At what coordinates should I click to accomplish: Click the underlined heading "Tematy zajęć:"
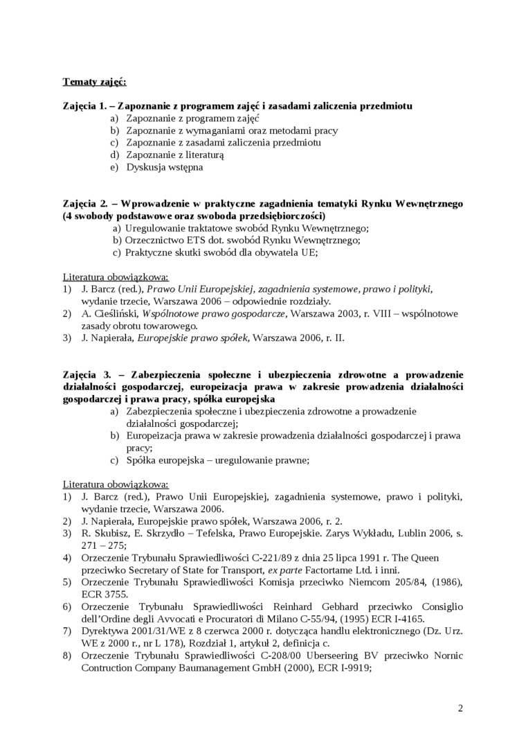(x=94, y=82)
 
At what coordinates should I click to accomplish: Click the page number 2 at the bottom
(x=460, y=708)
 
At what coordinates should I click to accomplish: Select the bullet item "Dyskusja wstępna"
(x=165, y=167)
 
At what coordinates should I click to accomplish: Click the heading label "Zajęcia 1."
(x=86, y=106)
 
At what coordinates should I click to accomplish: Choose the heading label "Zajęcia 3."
(x=87, y=375)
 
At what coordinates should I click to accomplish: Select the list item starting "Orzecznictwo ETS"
(x=242, y=240)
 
